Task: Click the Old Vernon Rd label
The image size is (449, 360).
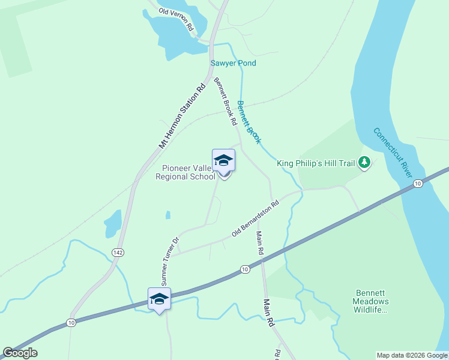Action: [176, 20]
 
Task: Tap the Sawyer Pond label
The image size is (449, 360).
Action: [233, 63]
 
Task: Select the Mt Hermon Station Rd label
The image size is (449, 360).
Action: [182, 116]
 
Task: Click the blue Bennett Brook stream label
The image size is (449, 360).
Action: [249, 122]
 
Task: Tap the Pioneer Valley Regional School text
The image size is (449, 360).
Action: [185, 173]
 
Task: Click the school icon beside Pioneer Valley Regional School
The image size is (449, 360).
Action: [224, 161]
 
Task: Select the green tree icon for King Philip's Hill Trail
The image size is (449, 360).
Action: [364, 162]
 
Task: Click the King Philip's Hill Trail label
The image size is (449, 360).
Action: [316, 163]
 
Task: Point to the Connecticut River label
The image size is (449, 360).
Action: [393, 152]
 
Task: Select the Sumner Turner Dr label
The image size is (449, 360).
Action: [168, 261]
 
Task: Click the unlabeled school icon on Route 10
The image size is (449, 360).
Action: [159, 299]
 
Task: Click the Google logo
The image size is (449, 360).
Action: [20, 353]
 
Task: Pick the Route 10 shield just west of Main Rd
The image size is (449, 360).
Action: [245, 269]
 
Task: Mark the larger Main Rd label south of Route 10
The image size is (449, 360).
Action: [269, 313]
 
